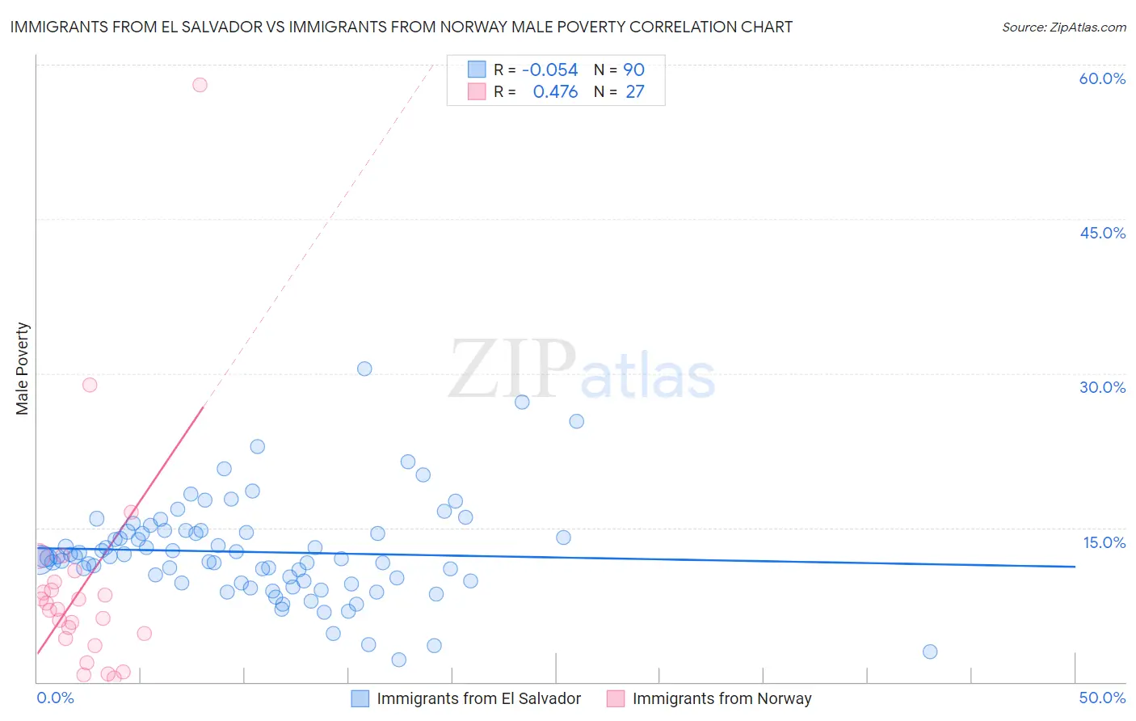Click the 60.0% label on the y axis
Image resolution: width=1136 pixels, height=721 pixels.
click(1102, 78)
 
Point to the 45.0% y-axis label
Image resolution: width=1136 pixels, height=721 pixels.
click(1102, 233)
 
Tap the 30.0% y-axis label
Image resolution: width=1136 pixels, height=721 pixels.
click(1102, 387)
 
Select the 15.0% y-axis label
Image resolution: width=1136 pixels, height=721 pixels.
click(1104, 542)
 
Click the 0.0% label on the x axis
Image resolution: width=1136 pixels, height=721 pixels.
click(55, 698)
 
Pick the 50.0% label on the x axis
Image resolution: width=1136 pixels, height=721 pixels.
click(1102, 698)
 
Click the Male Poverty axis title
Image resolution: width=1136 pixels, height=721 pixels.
click(23, 369)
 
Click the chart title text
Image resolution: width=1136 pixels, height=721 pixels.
click(401, 27)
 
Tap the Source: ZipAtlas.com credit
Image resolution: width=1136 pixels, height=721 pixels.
click(1063, 27)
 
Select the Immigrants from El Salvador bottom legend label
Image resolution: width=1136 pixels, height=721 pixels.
click(478, 698)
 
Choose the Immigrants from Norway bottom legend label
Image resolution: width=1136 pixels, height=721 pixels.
click(722, 698)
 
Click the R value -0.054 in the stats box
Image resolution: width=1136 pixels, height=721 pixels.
click(550, 70)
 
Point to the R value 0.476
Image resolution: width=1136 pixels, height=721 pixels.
click(555, 92)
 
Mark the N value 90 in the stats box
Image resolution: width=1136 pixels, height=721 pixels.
click(633, 70)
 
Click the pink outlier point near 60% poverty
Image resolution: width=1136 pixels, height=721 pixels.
click(200, 85)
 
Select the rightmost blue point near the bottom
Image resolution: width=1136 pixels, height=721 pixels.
click(930, 651)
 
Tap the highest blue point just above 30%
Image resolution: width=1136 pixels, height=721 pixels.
click(364, 369)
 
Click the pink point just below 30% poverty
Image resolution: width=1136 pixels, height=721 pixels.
click(90, 385)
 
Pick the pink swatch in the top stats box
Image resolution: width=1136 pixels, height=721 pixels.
click(477, 91)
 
